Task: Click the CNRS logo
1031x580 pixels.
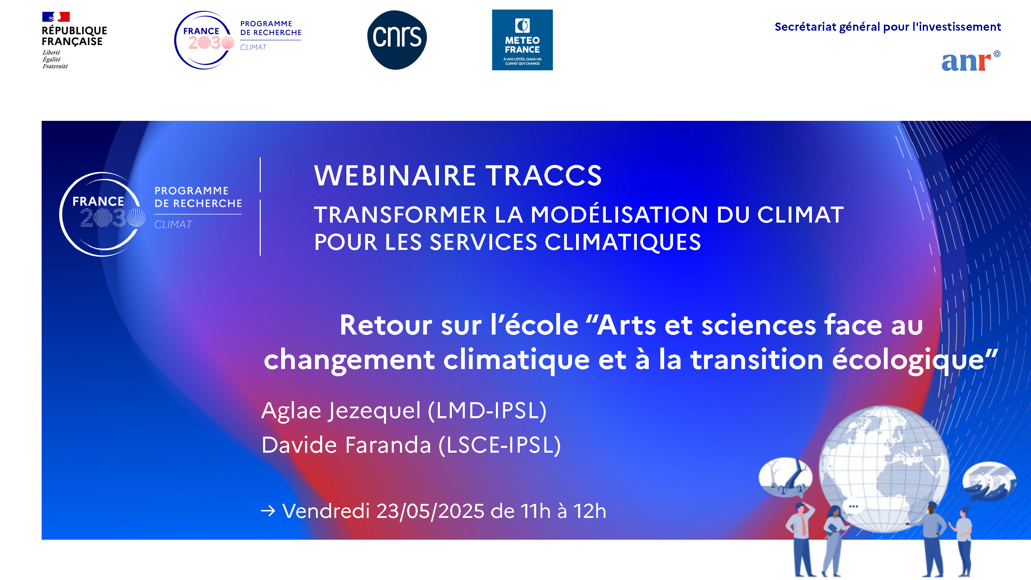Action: [397, 40]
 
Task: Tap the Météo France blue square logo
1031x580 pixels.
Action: [522, 40]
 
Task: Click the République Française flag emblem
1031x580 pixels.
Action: [56, 17]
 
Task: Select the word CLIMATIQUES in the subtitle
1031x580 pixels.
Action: [623, 242]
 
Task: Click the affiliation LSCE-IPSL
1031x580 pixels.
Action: [500, 445]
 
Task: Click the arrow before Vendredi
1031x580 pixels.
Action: [268, 511]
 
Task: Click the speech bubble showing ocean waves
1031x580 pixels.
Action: [989, 480]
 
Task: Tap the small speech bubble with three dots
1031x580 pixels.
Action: [853, 507]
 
